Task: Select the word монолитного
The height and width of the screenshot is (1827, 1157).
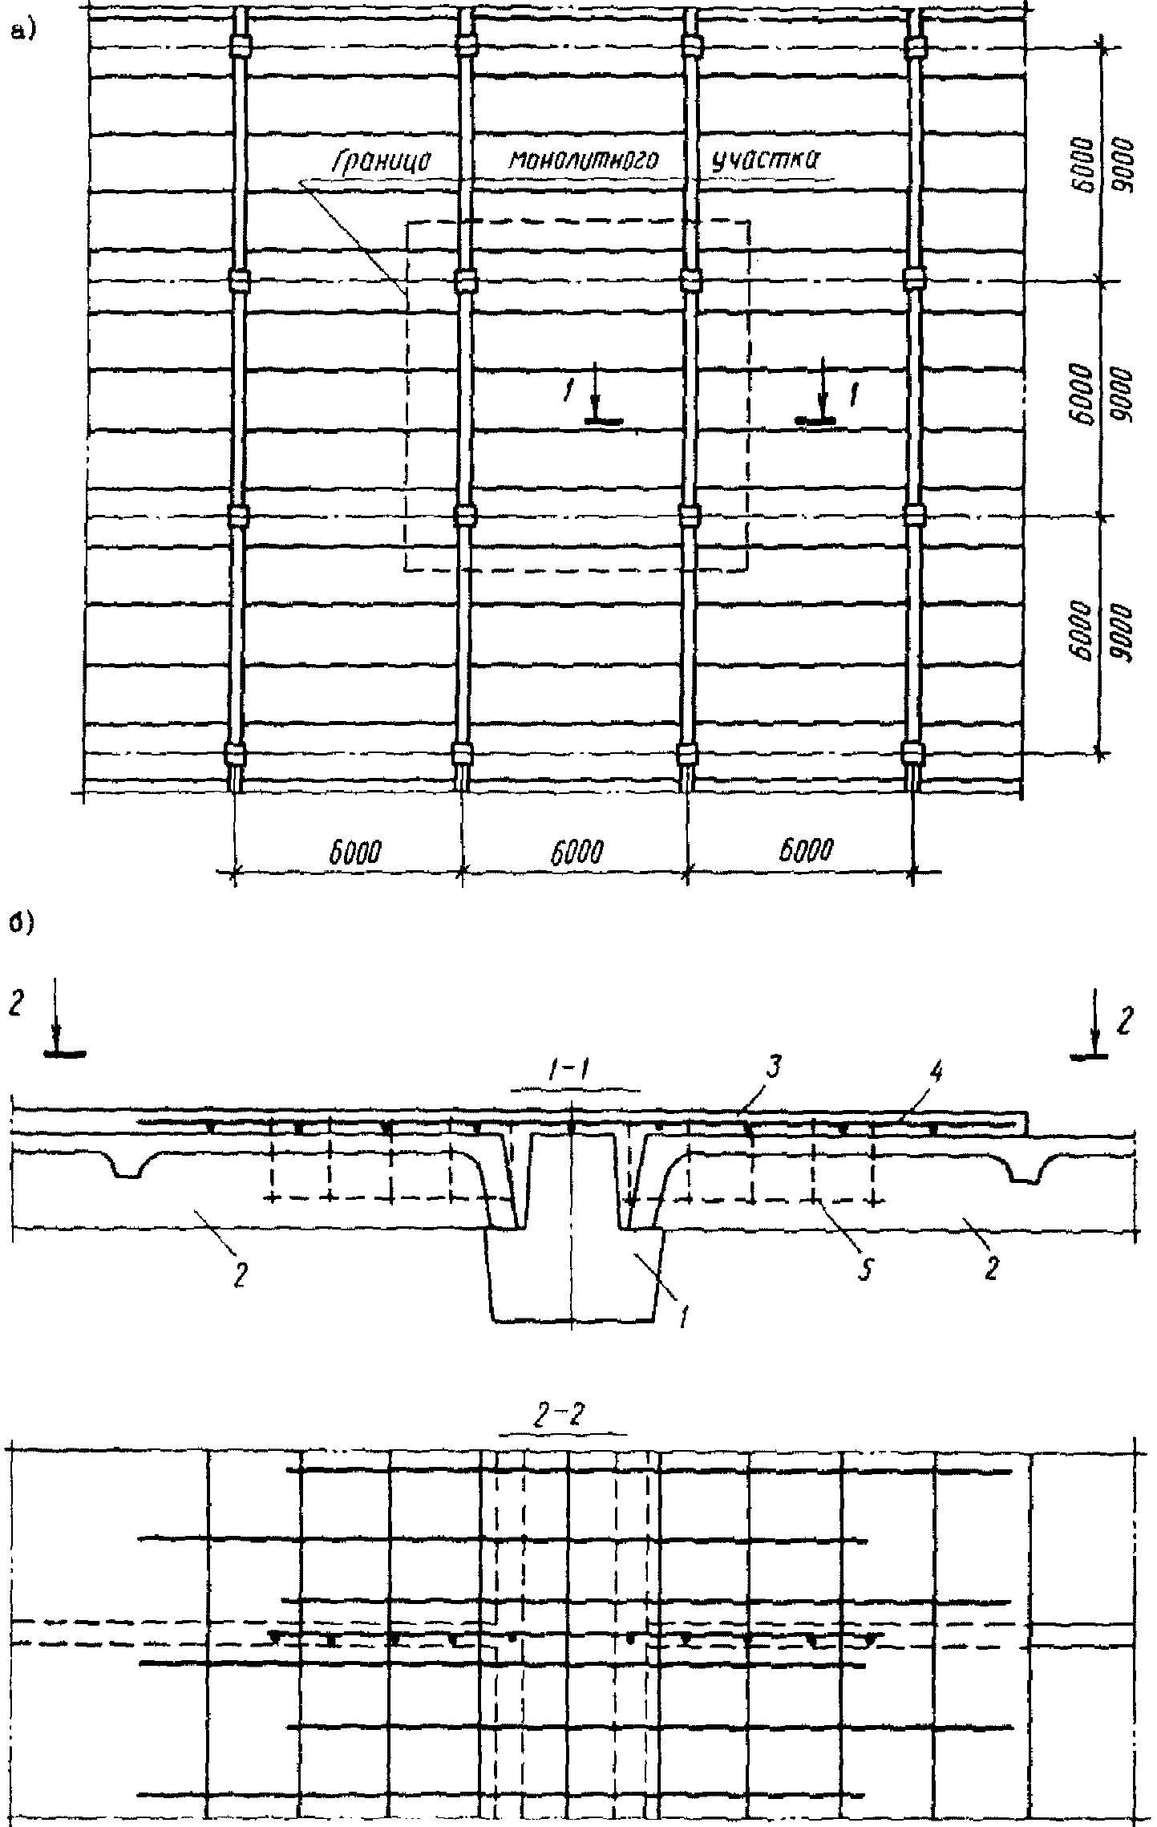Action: click(583, 160)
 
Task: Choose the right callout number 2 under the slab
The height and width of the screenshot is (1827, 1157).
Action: click(991, 1269)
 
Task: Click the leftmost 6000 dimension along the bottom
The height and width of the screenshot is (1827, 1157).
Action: click(354, 851)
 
